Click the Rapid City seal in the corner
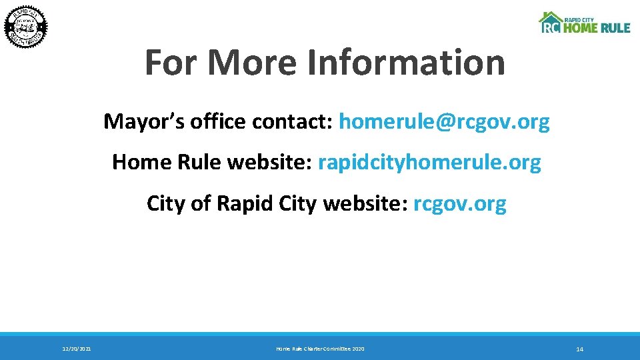(x=27, y=27)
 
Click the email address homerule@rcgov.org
(x=444, y=122)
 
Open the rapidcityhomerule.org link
(x=429, y=162)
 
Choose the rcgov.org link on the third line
(x=460, y=203)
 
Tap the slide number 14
(x=579, y=349)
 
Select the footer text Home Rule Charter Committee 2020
(x=320, y=349)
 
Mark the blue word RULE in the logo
(x=615, y=28)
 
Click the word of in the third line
(x=201, y=203)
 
